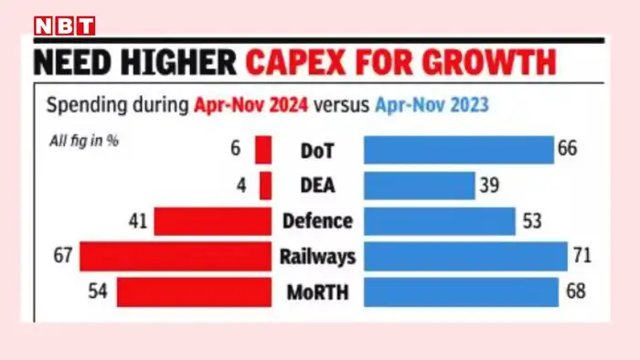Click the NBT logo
(x=64, y=25)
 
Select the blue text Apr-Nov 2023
(x=431, y=105)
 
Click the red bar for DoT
(x=263, y=149)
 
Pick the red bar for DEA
(x=265, y=185)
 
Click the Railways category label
(x=317, y=258)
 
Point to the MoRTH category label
(x=317, y=292)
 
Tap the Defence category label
(x=317, y=221)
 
